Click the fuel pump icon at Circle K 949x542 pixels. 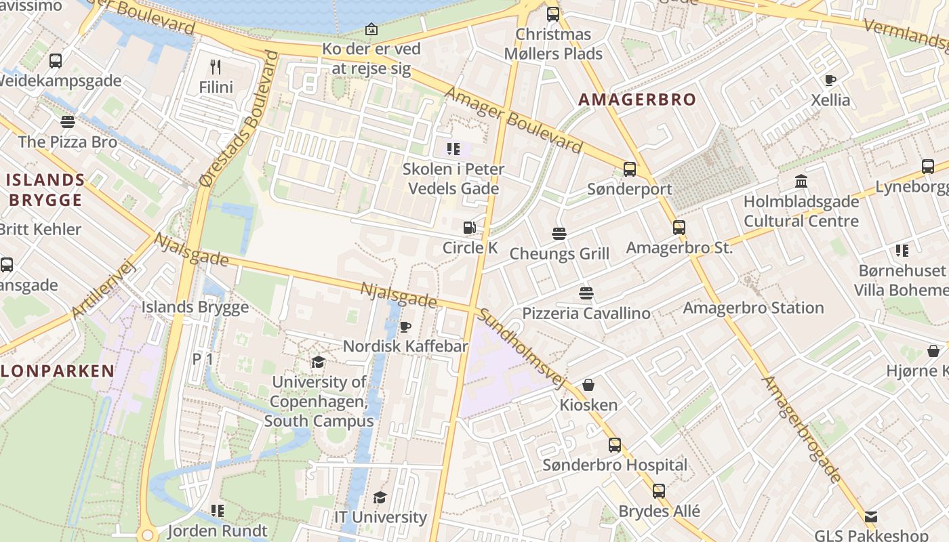click(x=469, y=228)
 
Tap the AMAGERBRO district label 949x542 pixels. click(x=637, y=100)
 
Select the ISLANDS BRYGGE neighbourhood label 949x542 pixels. click(x=46, y=190)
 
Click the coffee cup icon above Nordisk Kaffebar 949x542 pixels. click(x=405, y=327)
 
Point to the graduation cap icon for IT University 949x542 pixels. click(x=380, y=498)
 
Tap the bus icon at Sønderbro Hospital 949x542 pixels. click(x=615, y=445)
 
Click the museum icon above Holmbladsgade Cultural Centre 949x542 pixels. click(x=801, y=182)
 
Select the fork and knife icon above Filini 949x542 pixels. click(x=216, y=66)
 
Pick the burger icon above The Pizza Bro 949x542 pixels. click(x=67, y=122)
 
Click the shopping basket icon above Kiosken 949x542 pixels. click(x=588, y=385)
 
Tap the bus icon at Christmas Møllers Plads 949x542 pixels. click(x=553, y=14)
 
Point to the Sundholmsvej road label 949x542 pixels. click(x=521, y=349)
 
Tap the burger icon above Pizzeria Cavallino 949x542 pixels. click(x=586, y=293)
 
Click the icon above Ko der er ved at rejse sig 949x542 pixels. click(x=371, y=29)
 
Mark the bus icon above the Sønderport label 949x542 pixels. click(x=630, y=169)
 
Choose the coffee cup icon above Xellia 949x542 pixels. click(x=830, y=80)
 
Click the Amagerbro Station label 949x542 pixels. click(x=753, y=308)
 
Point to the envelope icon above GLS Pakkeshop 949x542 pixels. click(x=871, y=517)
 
